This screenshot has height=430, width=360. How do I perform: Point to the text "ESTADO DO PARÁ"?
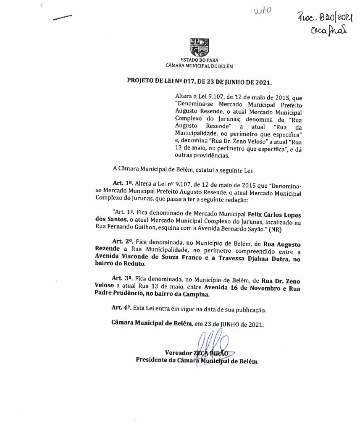(x=200, y=60)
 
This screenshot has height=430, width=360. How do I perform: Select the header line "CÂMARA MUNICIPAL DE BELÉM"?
(x=199, y=66)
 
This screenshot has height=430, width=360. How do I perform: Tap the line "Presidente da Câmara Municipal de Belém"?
(x=196, y=361)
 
